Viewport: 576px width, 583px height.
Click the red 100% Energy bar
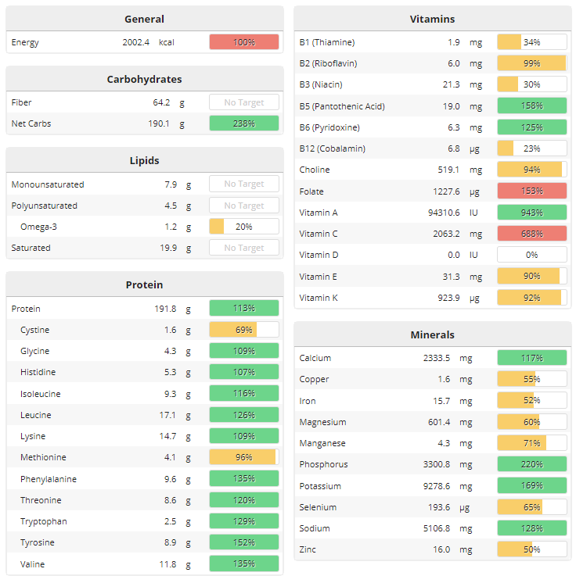point(243,42)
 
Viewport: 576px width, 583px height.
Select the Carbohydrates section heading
point(144,79)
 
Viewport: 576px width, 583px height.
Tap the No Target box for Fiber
point(243,102)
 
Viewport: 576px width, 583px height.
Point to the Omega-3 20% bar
point(243,227)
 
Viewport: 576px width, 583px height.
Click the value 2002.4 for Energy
point(135,42)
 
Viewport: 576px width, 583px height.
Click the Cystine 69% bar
point(243,330)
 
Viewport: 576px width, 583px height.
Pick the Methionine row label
point(43,457)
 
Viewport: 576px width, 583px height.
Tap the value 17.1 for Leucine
point(167,415)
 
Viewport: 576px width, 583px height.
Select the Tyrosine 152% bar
point(243,542)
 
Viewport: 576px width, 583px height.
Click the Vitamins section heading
point(432,19)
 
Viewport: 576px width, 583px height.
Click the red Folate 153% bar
point(531,191)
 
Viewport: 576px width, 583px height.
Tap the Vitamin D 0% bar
point(531,255)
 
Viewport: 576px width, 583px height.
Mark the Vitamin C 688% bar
point(531,234)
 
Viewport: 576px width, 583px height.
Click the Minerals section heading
point(432,334)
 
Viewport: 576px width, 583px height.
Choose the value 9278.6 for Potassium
point(442,486)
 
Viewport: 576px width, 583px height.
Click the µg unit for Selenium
point(476,507)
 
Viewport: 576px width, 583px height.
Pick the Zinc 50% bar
point(531,549)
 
